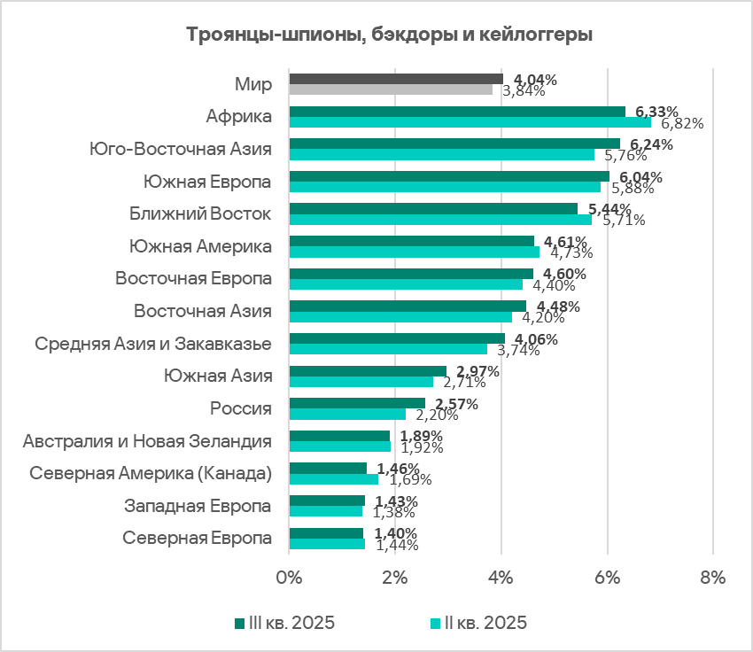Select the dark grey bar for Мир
pos(396,79)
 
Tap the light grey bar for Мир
pos(391,89)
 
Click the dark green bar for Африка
pos(457,112)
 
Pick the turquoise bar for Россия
pos(347,414)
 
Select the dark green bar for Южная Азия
pos(368,371)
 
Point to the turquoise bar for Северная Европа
pos(327,544)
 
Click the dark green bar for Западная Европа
pos(327,501)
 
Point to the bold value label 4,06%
pos(531,338)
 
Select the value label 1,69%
pos(405,479)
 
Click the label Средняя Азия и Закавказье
pos(152,344)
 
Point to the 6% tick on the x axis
pos(607,578)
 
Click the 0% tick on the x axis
pos(290,578)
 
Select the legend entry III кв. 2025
pos(285,622)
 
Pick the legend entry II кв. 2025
pos(479,622)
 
